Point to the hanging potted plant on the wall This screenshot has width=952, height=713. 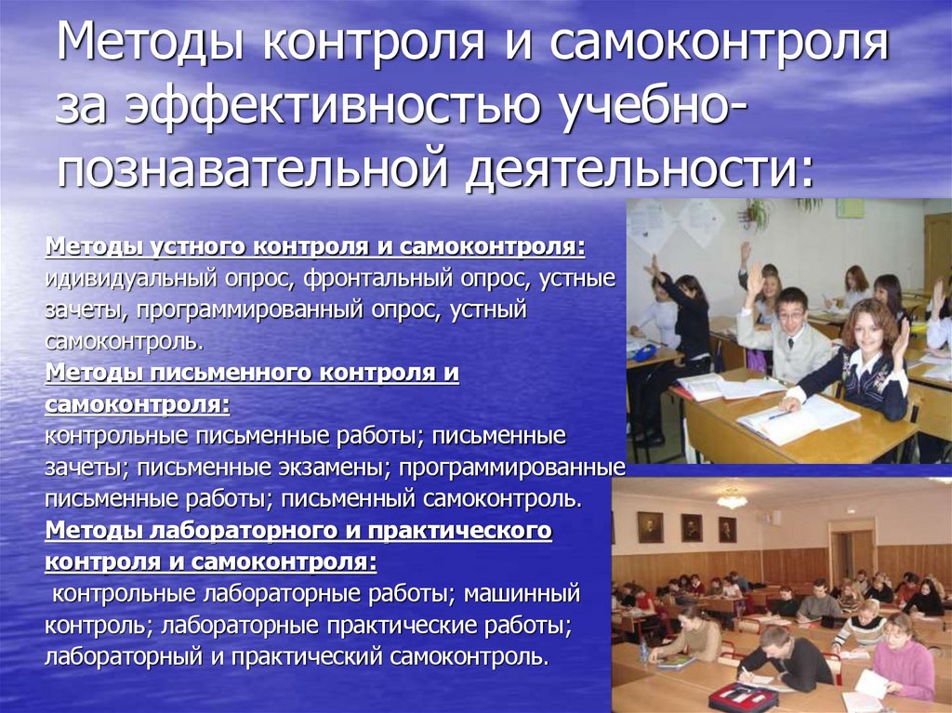(758, 213)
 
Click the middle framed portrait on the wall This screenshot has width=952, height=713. (691, 528)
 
